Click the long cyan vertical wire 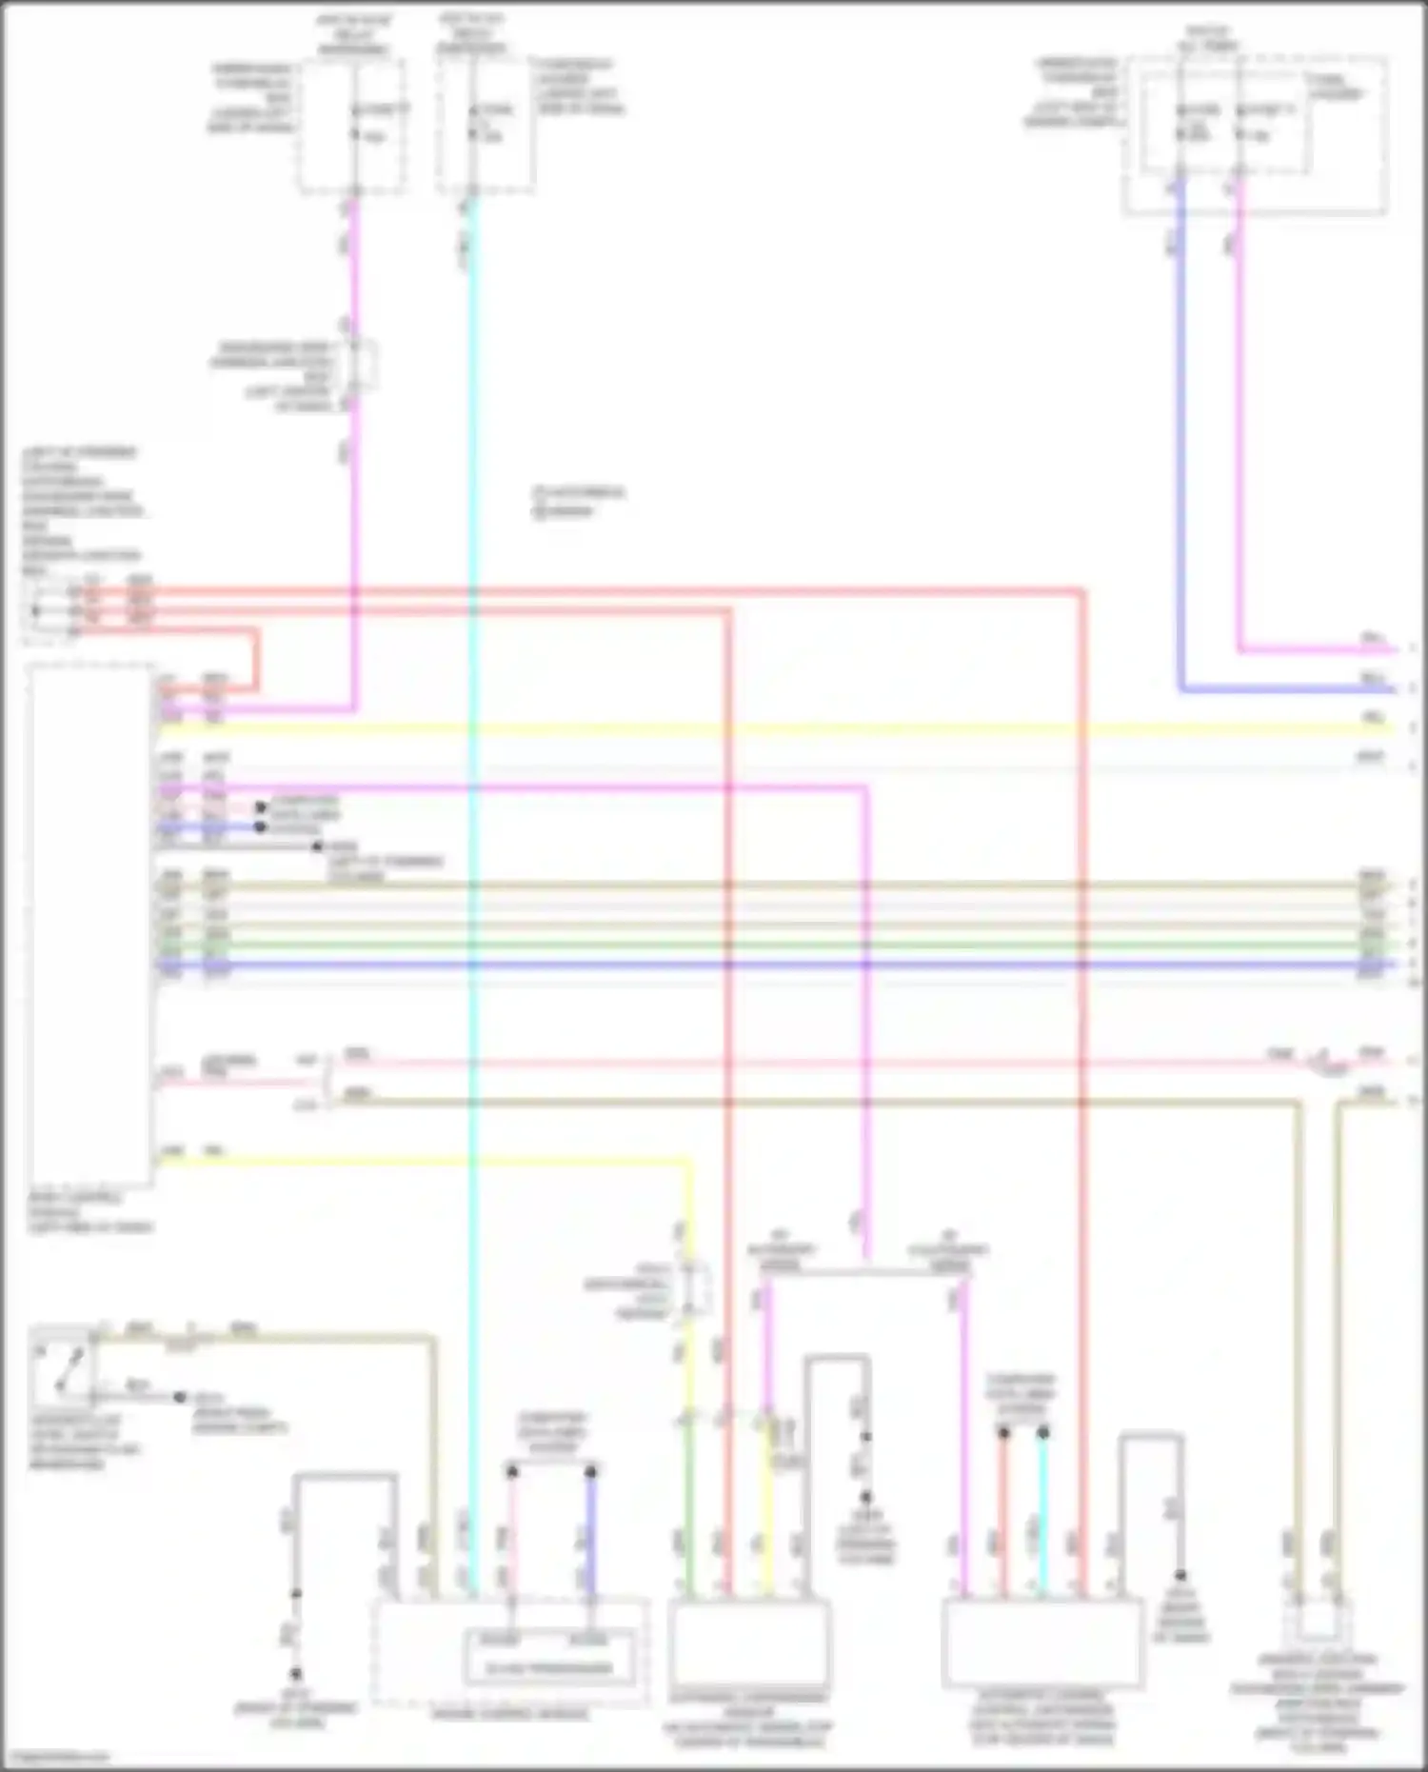click(473, 857)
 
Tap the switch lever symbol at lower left click(63, 1364)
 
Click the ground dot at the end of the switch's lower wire click(179, 1398)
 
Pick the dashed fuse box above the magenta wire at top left click(352, 126)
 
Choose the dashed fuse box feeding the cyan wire click(486, 126)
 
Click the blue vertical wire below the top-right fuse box click(1181, 428)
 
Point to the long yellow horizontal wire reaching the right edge click(762, 729)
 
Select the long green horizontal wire click(762, 946)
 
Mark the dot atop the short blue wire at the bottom click(590, 1472)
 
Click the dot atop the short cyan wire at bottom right click(1042, 1432)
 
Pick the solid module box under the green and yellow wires click(748, 1642)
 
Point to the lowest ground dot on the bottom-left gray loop click(296, 1673)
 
